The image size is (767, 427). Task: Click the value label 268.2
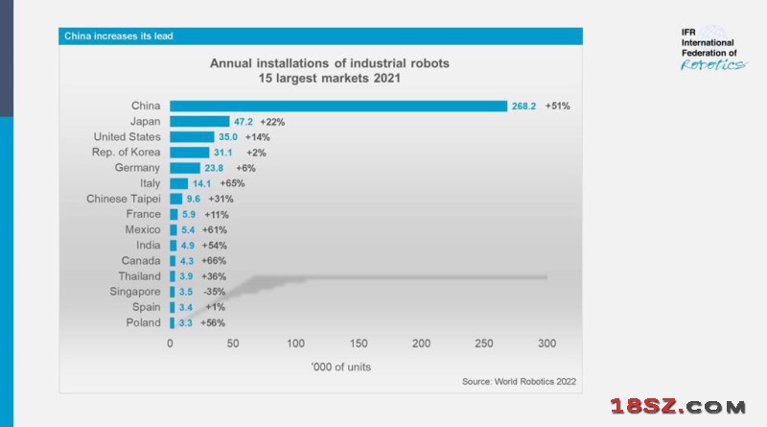pos(523,107)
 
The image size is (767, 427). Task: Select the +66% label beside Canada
pos(216,260)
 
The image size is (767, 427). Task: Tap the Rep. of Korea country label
pos(122,153)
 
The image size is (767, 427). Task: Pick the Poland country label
pos(142,321)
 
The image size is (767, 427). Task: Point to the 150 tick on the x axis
pos(358,344)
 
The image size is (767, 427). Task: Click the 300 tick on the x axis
pos(546,344)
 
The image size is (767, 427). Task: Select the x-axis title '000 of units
pos(340,367)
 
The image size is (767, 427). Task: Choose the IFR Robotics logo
pos(712,49)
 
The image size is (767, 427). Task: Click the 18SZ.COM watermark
pos(683,407)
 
